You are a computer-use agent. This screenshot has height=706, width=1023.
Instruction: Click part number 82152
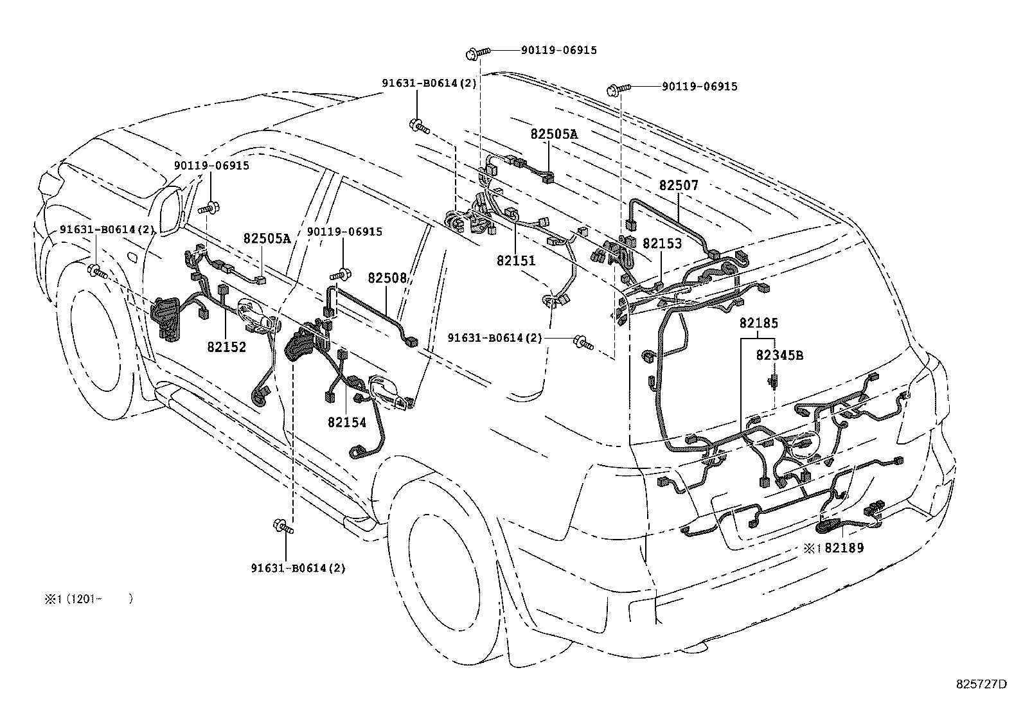pos(227,347)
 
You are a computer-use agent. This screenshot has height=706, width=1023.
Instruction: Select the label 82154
pos(346,422)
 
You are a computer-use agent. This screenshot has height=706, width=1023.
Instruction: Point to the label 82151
pos(515,261)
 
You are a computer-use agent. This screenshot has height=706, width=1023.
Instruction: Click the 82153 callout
pos(662,244)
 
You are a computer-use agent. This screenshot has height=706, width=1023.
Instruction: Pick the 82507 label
pos(679,186)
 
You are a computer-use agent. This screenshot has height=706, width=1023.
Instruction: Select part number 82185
pos(758,323)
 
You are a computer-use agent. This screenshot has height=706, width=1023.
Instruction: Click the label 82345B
pos(779,355)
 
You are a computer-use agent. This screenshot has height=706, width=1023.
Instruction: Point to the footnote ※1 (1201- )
pos(88,599)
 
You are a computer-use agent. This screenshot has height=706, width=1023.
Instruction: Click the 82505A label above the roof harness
pos(554,134)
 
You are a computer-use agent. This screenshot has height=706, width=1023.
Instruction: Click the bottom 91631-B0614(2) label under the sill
pos(298,568)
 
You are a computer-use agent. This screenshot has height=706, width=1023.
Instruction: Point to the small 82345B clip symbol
pos(775,382)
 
